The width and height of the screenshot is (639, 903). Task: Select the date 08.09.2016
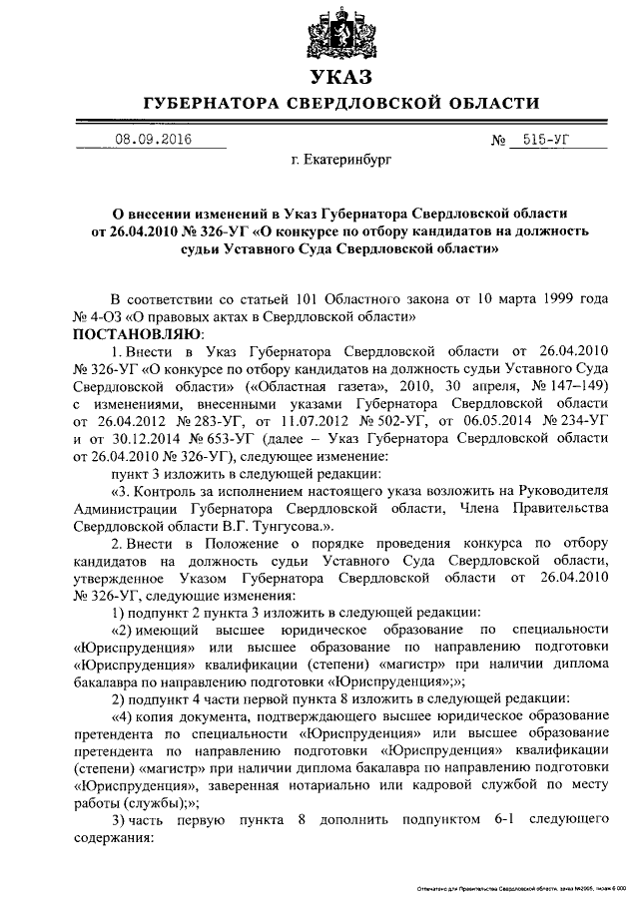pos(151,141)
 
